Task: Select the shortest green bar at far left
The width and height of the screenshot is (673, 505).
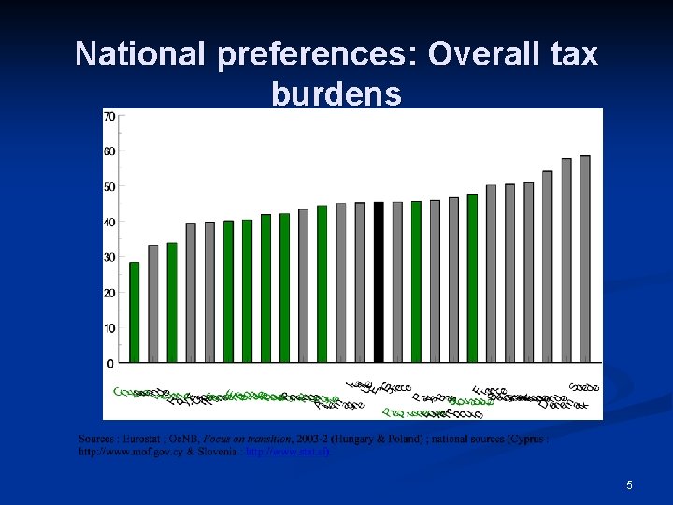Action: pos(134,311)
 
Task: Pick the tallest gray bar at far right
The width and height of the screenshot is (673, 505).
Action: pos(585,258)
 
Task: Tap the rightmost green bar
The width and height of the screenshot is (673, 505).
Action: pos(472,278)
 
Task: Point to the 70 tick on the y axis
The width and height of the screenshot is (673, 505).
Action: pos(109,117)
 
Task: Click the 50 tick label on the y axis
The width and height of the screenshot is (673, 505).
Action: pos(109,187)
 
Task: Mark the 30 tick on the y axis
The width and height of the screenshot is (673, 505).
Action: pos(109,257)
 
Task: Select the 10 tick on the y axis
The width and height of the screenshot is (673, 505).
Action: pos(109,328)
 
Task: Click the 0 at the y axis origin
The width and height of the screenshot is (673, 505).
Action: pos(112,363)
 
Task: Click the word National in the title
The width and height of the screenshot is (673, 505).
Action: pos(140,54)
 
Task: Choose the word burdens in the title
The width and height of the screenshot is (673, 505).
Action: pos(336,94)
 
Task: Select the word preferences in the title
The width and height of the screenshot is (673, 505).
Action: pos(319,54)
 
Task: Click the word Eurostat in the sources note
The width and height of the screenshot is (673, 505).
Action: pos(140,439)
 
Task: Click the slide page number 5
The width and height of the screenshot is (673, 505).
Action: pos(629,485)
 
